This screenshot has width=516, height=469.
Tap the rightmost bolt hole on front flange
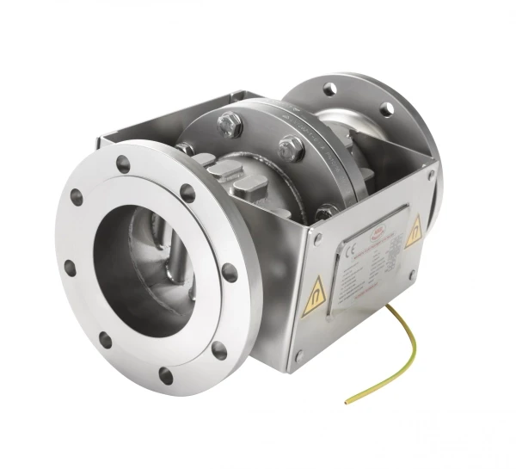pyautogui.click(x=230, y=272)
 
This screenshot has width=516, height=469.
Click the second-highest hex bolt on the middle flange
pyautogui.click(x=290, y=148)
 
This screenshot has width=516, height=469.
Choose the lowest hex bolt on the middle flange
pyautogui.click(x=324, y=211)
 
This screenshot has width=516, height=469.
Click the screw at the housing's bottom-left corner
pyautogui.click(x=299, y=355)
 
